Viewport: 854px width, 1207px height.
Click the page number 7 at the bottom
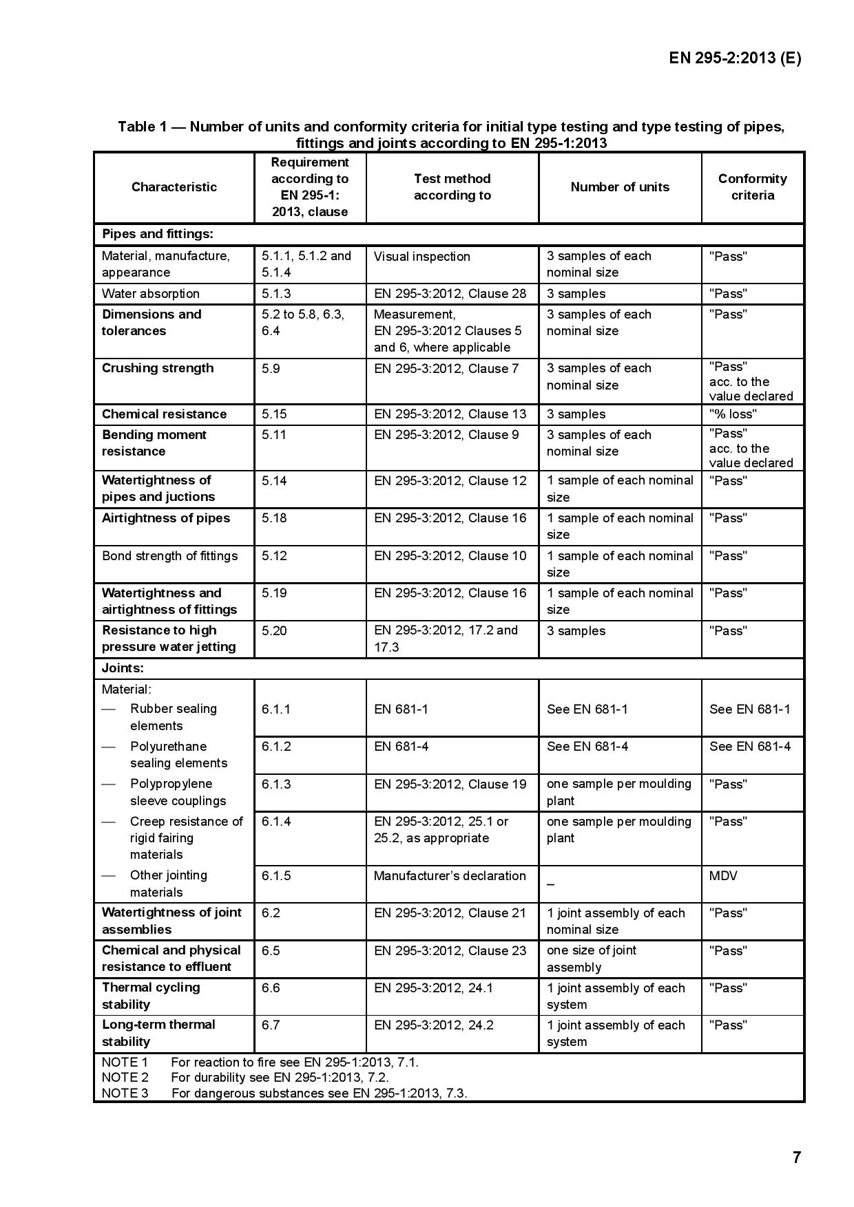pos(797,1157)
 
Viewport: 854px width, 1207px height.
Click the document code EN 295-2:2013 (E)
pos(735,58)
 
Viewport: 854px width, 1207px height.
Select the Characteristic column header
pos(174,187)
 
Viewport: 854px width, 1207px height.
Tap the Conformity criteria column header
pos(752,187)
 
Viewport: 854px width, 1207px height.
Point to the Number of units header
pos(620,187)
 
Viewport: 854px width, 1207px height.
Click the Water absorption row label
pos(151,294)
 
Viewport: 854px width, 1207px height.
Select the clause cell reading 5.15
pos(274,414)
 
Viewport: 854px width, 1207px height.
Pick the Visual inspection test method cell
pos(421,257)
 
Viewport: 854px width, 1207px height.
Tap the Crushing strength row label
pos(158,368)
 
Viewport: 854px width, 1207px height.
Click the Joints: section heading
pos(123,668)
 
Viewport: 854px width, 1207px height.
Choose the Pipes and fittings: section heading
pos(158,234)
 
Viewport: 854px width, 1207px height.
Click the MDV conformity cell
pos(723,876)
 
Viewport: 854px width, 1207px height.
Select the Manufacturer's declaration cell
pos(449,876)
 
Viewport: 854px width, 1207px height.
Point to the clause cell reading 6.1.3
pos(276,784)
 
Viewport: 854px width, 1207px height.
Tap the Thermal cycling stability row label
pos(151,996)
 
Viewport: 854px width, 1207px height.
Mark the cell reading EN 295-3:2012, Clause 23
pos(450,950)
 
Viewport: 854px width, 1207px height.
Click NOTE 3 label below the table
pos(125,1093)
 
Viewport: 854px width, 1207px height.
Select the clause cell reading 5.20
pos(274,631)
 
